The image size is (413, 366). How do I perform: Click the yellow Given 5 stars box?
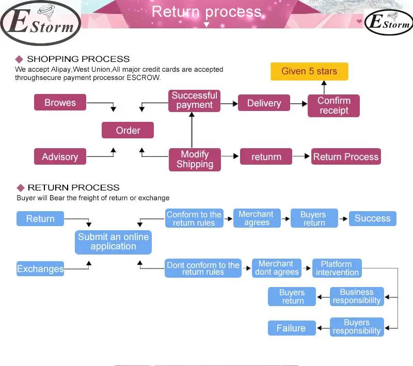click(x=309, y=71)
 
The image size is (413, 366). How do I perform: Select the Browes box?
click(x=60, y=102)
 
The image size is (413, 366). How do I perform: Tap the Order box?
click(x=128, y=130)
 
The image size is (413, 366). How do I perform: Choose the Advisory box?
click(x=60, y=156)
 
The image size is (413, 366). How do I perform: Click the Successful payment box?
click(x=195, y=101)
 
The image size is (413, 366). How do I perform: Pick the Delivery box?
click(x=264, y=103)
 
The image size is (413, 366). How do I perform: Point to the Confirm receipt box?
click(x=333, y=106)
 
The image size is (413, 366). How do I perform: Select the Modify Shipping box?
click(x=195, y=160)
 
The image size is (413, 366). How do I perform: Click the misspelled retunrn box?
click(x=266, y=156)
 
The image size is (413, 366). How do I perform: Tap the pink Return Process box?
click(x=346, y=156)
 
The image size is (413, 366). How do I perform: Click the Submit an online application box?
click(x=113, y=242)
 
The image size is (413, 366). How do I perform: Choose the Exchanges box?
click(x=40, y=268)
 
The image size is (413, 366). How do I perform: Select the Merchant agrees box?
click(x=257, y=218)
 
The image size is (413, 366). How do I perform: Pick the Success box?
click(x=372, y=218)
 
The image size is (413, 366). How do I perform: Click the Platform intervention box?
click(x=337, y=268)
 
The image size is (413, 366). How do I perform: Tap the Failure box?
click(x=292, y=328)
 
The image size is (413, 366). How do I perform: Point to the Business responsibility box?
click(x=357, y=296)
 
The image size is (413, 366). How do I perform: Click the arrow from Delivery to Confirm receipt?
click(x=299, y=104)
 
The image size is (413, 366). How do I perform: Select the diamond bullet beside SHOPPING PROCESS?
click(x=19, y=59)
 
